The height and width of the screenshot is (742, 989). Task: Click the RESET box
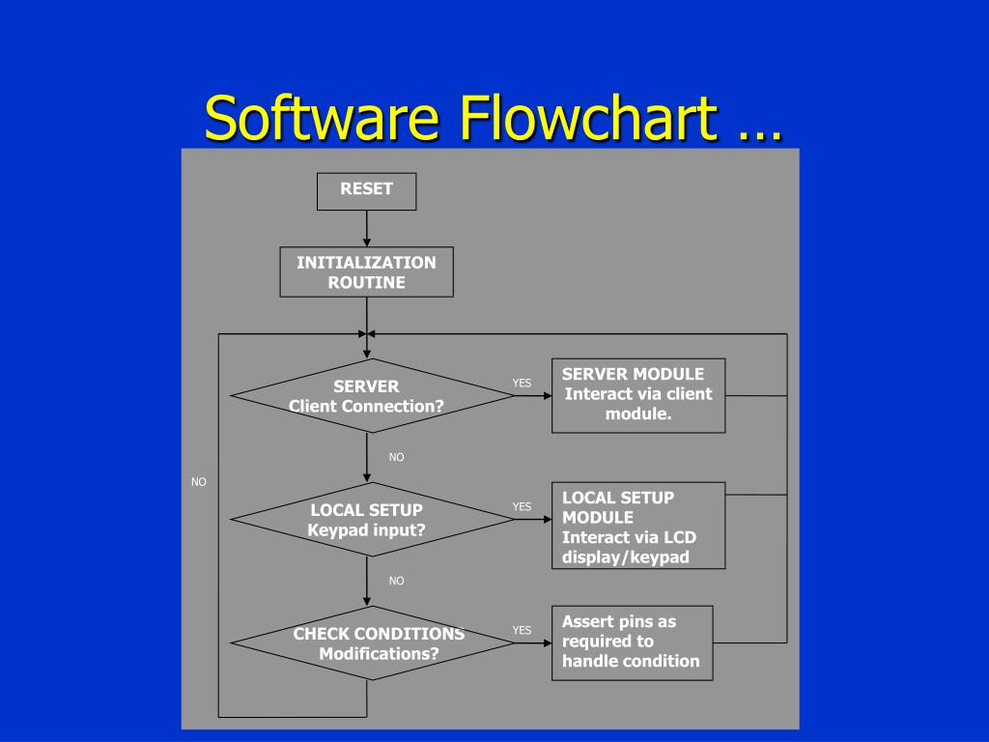pyautogui.click(x=366, y=190)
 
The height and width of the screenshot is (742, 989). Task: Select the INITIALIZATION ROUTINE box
pyautogui.click(x=366, y=271)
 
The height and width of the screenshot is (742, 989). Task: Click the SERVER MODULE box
pyautogui.click(x=638, y=394)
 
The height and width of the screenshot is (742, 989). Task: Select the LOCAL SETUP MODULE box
pyautogui.click(x=638, y=526)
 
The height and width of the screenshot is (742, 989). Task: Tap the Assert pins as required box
pyautogui.click(x=633, y=642)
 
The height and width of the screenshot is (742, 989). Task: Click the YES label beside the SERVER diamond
pyautogui.click(x=522, y=383)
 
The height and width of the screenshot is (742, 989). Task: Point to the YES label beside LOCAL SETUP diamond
pyautogui.click(x=522, y=506)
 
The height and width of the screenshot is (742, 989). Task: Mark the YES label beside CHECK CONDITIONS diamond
pyautogui.click(x=522, y=630)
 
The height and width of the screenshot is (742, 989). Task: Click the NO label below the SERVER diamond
pyautogui.click(x=396, y=457)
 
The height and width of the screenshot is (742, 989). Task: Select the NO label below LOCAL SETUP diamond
pyautogui.click(x=396, y=581)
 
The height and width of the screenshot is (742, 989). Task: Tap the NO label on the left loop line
pyautogui.click(x=199, y=481)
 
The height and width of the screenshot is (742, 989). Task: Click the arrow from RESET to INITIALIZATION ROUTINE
pyautogui.click(x=366, y=229)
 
